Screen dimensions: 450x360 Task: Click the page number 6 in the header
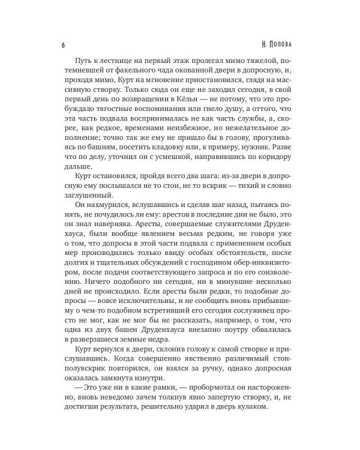click(x=63, y=46)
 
